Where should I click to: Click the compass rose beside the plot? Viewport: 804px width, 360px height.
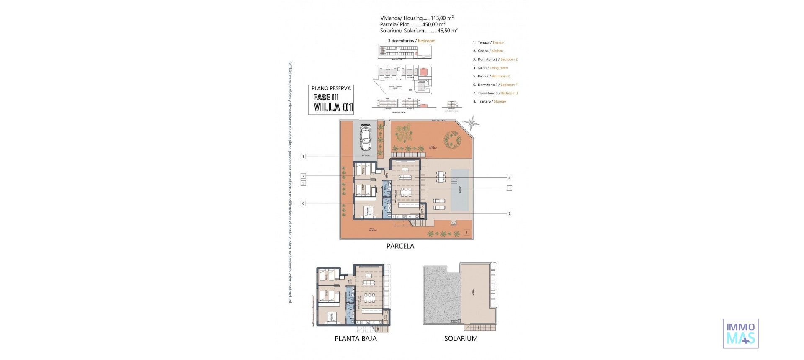click(472, 123)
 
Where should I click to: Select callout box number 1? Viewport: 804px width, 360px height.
click(303, 157)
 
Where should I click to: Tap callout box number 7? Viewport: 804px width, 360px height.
click(303, 176)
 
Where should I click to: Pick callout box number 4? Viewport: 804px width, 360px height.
click(509, 177)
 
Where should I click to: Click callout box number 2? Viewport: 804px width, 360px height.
click(509, 213)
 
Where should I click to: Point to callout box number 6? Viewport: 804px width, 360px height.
click(303, 203)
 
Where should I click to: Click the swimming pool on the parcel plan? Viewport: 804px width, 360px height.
click(461, 190)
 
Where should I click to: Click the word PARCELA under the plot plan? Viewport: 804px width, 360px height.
click(400, 246)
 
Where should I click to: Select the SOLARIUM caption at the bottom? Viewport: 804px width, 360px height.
click(461, 338)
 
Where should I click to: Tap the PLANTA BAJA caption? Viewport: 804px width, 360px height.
click(356, 339)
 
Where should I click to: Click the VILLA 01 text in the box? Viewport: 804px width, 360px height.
click(333, 107)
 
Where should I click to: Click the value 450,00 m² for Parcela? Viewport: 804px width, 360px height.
click(433, 24)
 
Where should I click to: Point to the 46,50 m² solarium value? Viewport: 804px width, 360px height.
click(447, 31)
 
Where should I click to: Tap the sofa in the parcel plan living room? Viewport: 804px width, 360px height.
click(405, 177)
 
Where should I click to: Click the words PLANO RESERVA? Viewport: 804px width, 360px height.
click(331, 88)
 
